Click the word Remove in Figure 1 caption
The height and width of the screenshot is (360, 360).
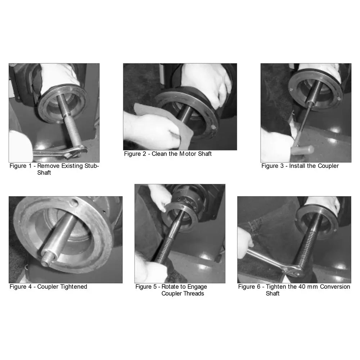(x=48, y=166)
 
